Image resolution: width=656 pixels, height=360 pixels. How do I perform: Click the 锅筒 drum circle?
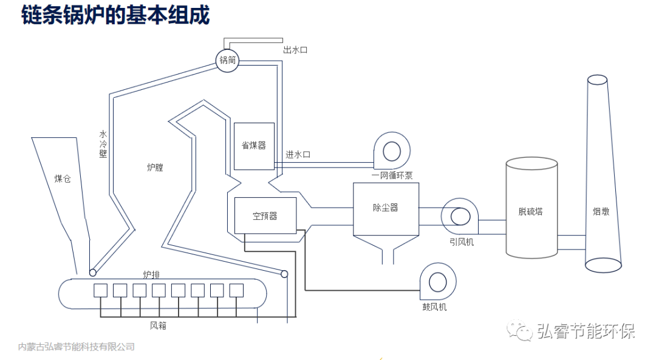coord(228,60)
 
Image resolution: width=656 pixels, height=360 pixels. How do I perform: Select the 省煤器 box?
coord(254,146)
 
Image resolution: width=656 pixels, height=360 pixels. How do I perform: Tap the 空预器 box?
coord(265,216)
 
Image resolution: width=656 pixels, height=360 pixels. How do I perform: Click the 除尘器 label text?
coord(385,208)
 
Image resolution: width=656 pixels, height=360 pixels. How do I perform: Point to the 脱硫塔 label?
coord(530,211)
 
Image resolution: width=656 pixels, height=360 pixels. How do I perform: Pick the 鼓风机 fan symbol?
coord(437,282)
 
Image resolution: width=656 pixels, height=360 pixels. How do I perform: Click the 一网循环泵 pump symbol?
coord(391,151)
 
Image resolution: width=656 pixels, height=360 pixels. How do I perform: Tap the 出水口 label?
coord(295,50)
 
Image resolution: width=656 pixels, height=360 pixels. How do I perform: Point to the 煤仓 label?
coord(63,178)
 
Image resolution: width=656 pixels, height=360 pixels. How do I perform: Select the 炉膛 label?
coord(155,168)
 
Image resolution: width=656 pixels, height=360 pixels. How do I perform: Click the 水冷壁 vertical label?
coord(103,144)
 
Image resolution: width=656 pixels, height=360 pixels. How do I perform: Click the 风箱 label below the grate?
coord(158,325)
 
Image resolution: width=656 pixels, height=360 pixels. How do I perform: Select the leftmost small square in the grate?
coord(100,290)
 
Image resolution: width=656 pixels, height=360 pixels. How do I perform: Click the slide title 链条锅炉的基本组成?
coord(115,15)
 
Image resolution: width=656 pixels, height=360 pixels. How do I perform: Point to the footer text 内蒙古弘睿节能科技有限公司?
coord(77,347)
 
